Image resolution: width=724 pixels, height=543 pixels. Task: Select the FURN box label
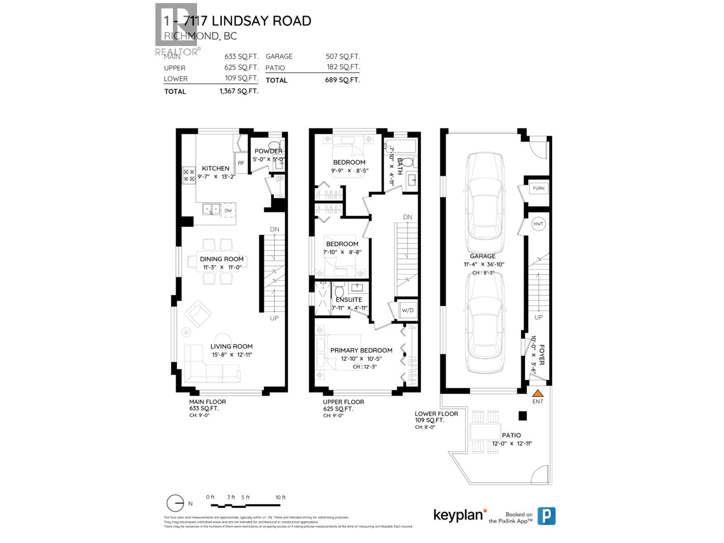[x=538, y=188]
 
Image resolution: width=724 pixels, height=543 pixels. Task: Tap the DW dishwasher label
[x=228, y=210]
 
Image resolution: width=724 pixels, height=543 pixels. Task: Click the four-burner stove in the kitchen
[x=189, y=175]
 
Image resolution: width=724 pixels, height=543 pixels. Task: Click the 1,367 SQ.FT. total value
[x=239, y=91]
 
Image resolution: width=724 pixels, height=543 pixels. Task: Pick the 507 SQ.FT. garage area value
[x=342, y=56]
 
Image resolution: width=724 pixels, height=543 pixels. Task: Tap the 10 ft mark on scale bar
[x=280, y=497]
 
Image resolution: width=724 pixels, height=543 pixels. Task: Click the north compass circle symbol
[x=175, y=503]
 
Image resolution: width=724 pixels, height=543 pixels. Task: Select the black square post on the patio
[x=523, y=416]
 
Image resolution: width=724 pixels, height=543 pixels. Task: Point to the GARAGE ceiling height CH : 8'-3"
[x=483, y=273]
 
